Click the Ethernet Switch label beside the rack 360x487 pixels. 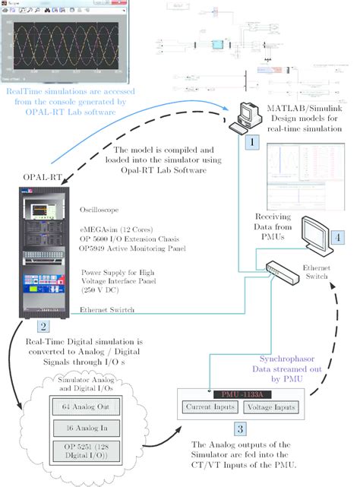108,310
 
